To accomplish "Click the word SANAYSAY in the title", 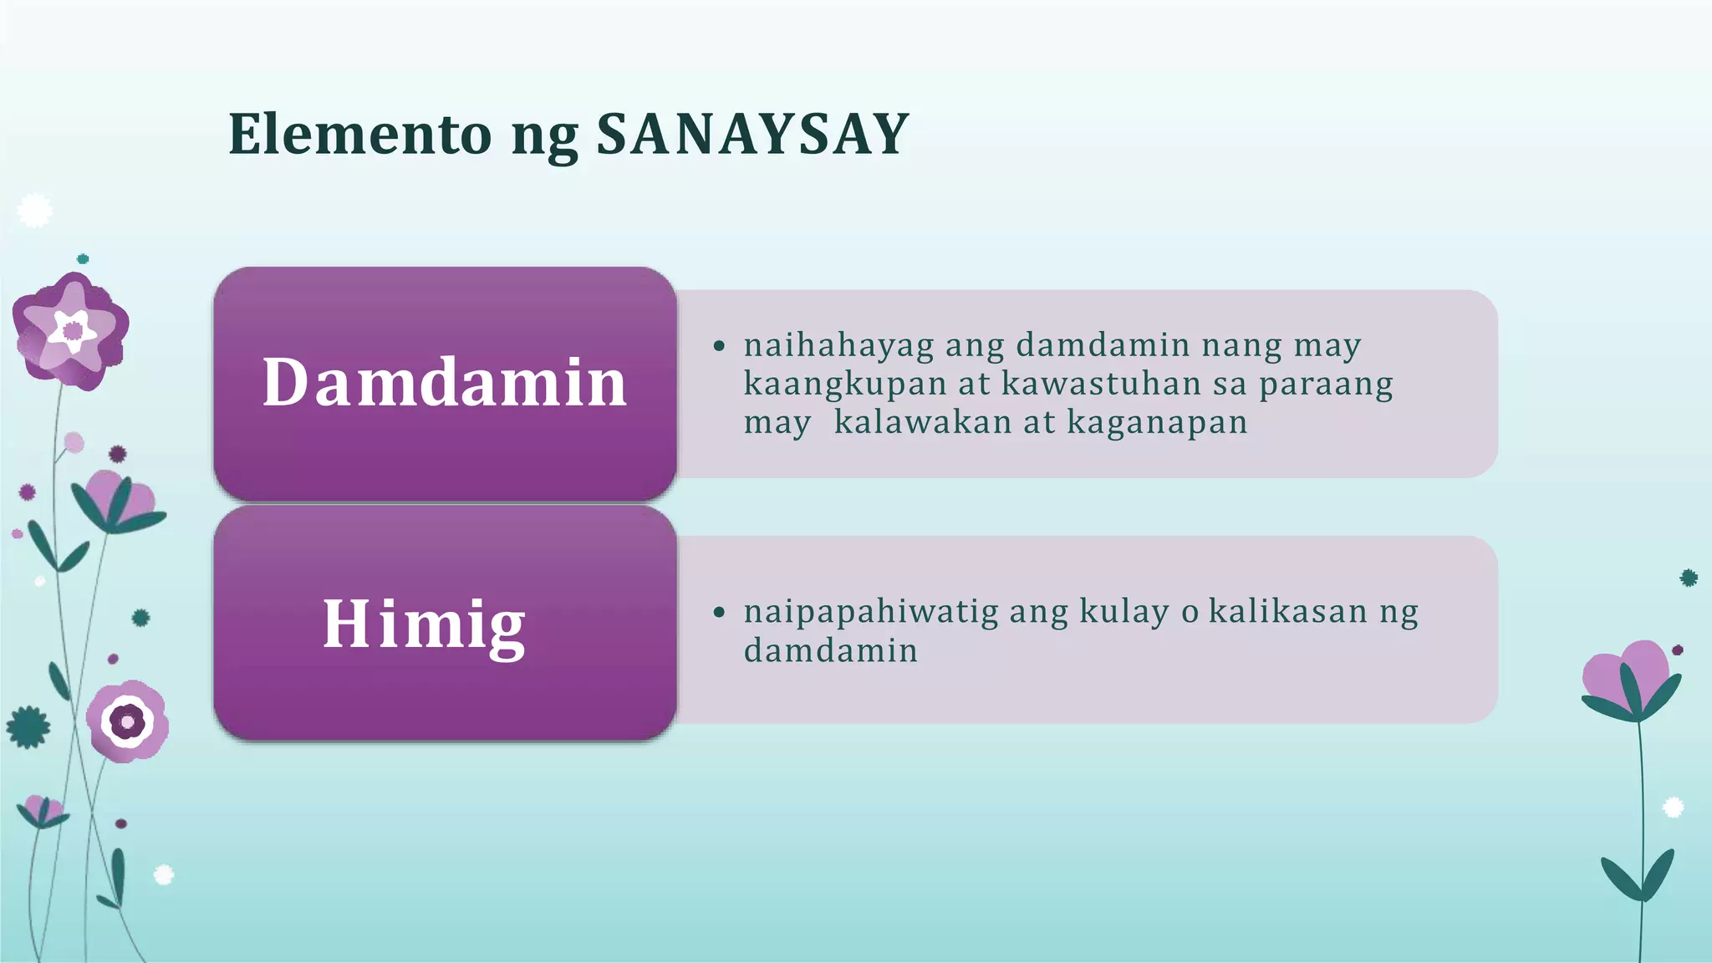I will point(752,134).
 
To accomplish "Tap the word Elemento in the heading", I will point(359,134).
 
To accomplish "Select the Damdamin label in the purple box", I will point(445,383).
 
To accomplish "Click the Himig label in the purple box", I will point(424,624).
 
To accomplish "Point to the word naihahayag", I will point(838,345).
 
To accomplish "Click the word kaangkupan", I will point(843,384).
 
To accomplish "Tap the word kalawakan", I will point(923,422).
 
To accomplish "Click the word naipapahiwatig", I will point(870,612).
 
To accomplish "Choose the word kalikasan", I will point(1288,612).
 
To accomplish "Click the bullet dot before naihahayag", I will point(719,345).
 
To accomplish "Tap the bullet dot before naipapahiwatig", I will point(719,612).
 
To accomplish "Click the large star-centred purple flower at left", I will point(71,330).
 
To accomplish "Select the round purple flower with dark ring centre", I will point(128,721).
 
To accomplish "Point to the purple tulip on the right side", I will point(1630,677).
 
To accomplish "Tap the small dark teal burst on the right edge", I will point(1689,577).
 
